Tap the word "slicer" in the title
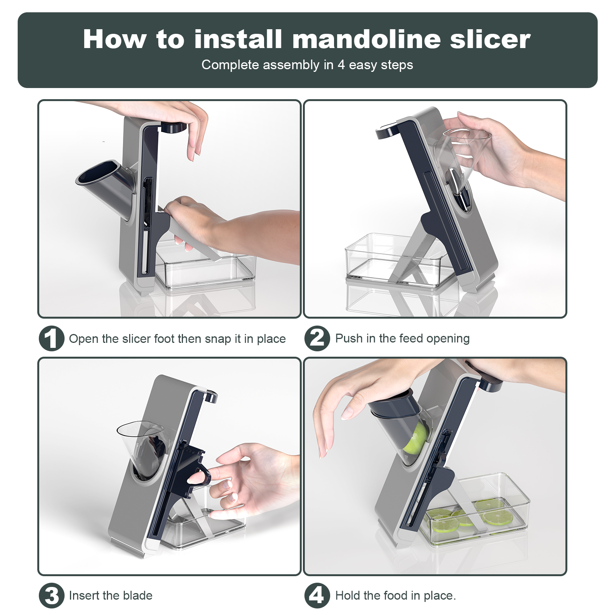point(490,39)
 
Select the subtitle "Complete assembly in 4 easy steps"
point(307,65)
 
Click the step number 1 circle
point(51,338)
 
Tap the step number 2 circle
point(317,338)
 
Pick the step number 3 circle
point(51,595)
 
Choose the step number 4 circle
point(317,595)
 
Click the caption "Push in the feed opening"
point(402,338)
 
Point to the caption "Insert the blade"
point(111,595)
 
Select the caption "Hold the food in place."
point(396,595)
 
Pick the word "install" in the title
point(238,39)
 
